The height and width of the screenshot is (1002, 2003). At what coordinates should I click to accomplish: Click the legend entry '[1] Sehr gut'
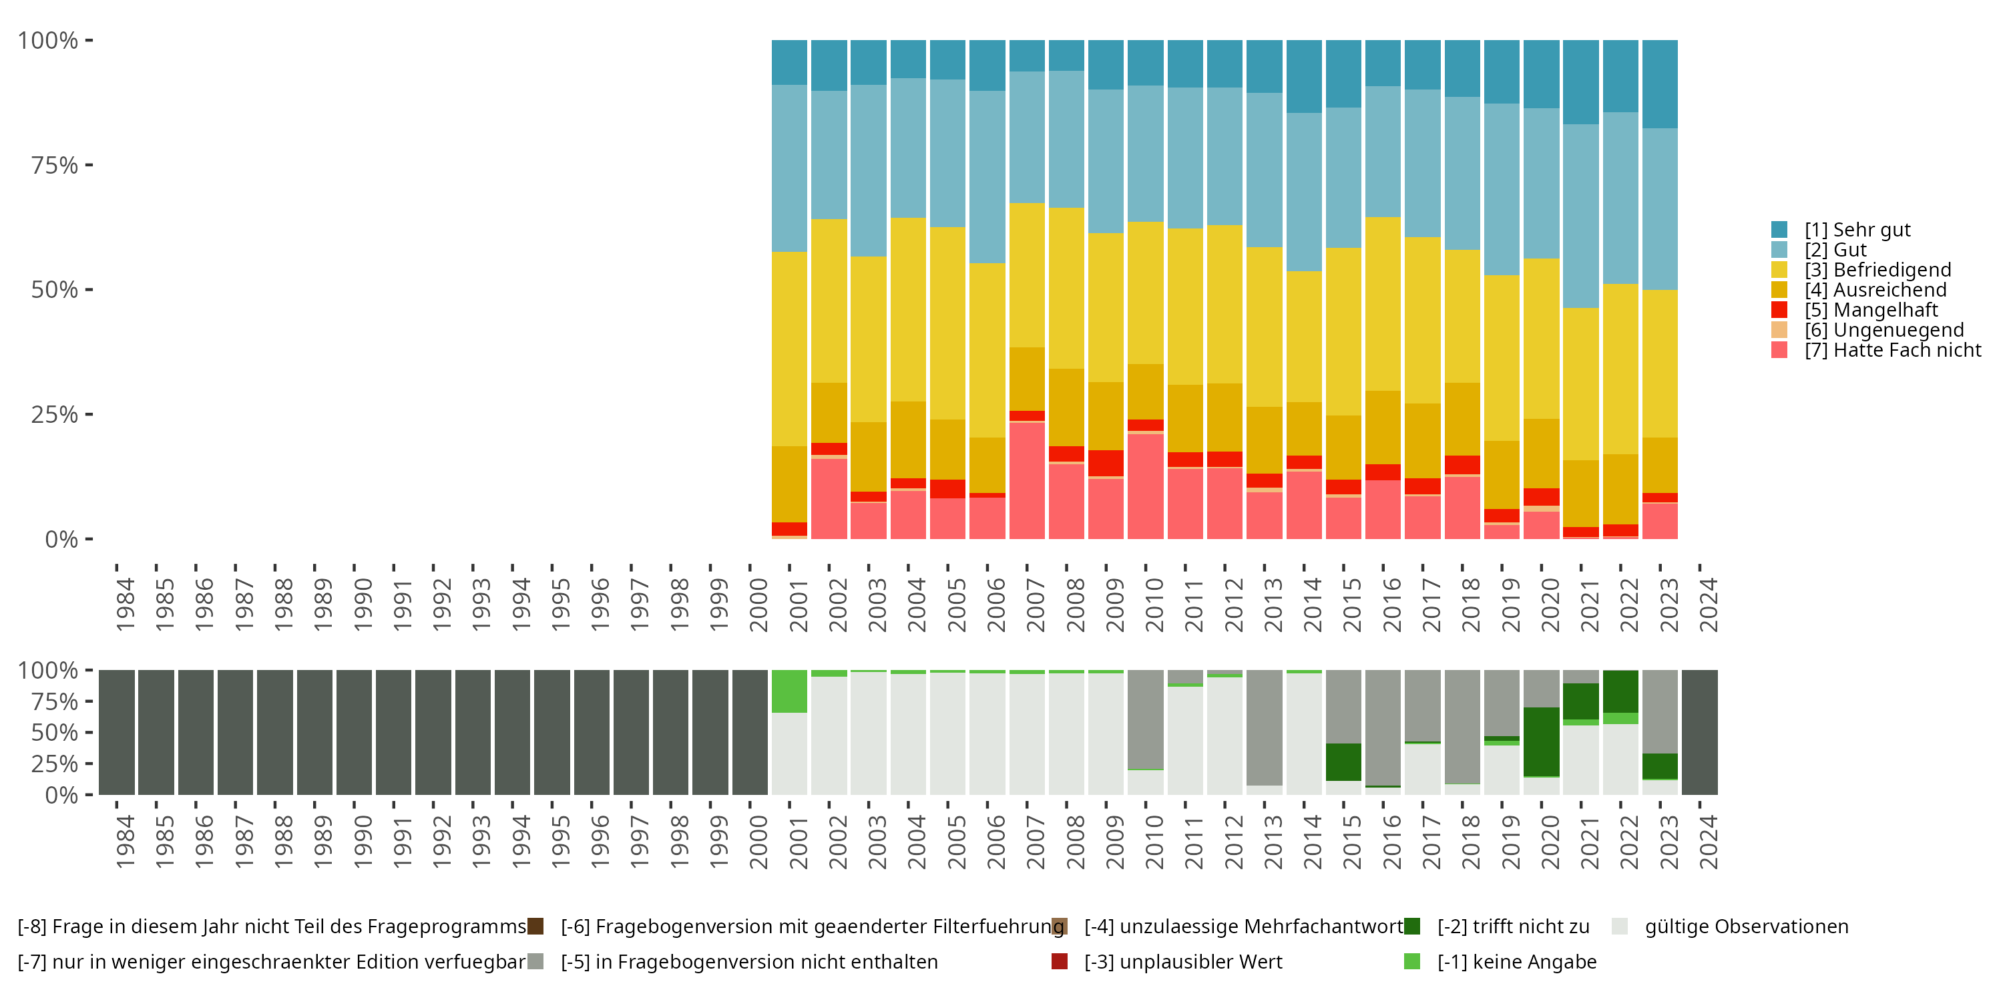pos(1857,230)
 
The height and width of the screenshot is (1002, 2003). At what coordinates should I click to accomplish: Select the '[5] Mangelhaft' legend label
pos(1871,311)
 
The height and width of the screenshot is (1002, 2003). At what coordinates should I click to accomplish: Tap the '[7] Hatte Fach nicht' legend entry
pos(1893,351)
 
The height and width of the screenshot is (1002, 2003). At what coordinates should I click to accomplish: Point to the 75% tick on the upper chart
pos(55,166)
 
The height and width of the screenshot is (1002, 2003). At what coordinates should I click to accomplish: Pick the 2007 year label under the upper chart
pos(1035,605)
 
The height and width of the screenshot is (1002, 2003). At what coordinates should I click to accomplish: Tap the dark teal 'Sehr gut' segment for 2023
pos(1659,84)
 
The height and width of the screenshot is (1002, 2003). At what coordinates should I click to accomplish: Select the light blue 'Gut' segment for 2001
pos(789,168)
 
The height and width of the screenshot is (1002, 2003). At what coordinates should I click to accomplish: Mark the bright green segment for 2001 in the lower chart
pos(789,691)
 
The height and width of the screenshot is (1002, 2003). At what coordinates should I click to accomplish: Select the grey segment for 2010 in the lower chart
pos(1145,719)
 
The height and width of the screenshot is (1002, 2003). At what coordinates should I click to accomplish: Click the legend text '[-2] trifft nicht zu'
pos(1513,927)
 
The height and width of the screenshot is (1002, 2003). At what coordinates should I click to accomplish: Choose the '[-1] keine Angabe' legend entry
pos(1516,963)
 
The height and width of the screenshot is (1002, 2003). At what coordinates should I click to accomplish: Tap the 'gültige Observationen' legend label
pos(1747,927)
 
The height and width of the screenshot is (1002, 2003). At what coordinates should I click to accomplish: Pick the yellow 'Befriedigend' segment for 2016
pos(1383,304)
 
